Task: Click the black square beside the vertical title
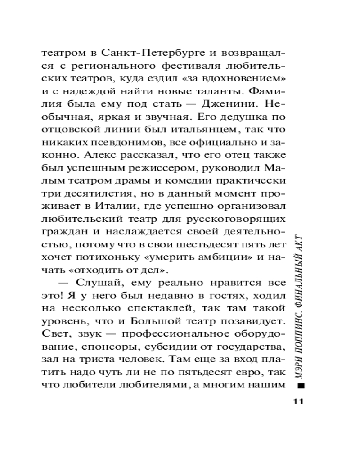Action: pyautogui.click(x=301, y=385)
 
